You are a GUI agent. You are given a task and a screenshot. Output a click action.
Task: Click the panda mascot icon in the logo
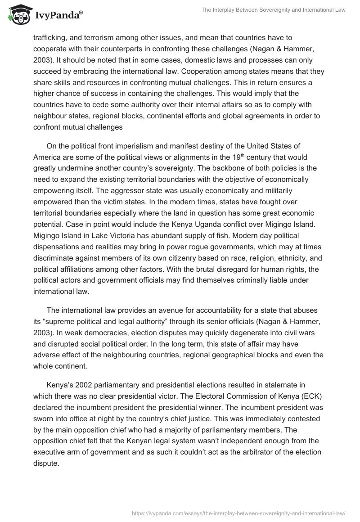pos(17,15)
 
